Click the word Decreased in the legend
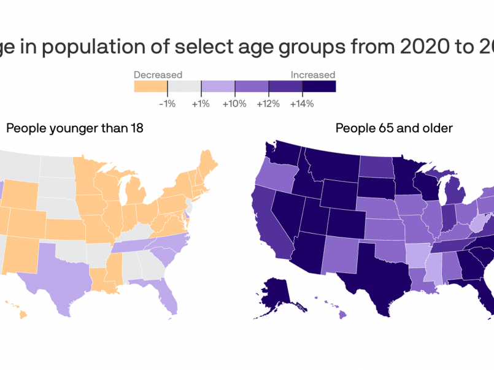pos(158,75)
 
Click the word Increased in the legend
pos(312,75)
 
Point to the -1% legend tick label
pos(167,104)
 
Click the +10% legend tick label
pos(234,104)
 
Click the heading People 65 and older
pos(394,128)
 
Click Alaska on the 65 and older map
pos(282,298)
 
